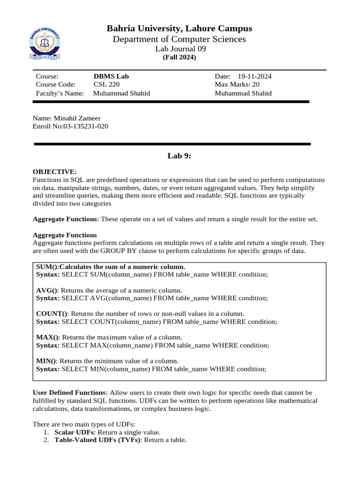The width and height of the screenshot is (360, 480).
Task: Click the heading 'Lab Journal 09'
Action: click(x=180, y=49)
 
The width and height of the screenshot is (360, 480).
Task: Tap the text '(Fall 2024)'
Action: click(x=180, y=57)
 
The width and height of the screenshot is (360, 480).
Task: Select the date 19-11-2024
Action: click(x=255, y=76)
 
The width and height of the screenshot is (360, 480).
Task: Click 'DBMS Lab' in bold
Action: click(x=111, y=76)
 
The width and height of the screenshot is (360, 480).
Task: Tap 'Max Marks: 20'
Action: click(x=237, y=84)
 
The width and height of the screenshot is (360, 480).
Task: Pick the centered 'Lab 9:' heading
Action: click(x=180, y=156)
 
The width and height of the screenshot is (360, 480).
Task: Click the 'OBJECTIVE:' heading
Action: click(x=54, y=172)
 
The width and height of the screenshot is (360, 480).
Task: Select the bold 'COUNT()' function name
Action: click(x=52, y=314)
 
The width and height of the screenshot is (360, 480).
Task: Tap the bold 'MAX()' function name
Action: click(x=47, y=337)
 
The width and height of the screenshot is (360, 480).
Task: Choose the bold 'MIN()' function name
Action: click(x=46, y=360)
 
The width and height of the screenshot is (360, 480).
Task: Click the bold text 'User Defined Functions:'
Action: click(x=70, y=392)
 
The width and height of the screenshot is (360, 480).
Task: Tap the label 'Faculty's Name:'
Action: click(x=60, y=93)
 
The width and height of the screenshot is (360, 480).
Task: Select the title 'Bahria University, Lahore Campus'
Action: click(x=180, y=29)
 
